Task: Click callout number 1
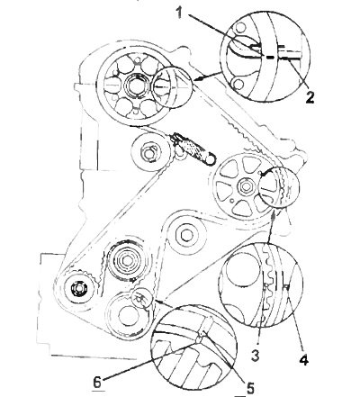pyautogui.click(x=180, y=13)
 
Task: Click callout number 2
pyautogui.click(x=310, y=97)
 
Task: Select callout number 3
pyautogui.click(x=255, y=356)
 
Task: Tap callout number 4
pyautogui.click(x=303, y=359)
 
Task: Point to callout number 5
pyautogui.click(x=249, y=387)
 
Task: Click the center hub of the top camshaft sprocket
pyautogui.click(x=136, y=86)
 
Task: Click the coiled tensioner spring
pyautogui.click(x=193, y=149)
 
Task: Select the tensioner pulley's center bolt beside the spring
pyautogui.click(x=148, y=153)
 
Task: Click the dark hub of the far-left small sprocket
pyautogui.click(x=78, y=288)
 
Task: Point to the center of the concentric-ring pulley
pyautogui.click(x=128, y=260)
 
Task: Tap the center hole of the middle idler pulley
pyautogui.click(x=186, y=235)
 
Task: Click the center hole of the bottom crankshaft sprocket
pyautogui.click(x=126, y=316)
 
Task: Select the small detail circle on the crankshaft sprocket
pyautogui.click(x=141, y=299)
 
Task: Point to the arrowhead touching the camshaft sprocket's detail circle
pyautogui.click(x=198, y=78)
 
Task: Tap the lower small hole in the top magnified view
pyautogui.click(x=238, y=85)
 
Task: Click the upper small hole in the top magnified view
pyautogui.click(x=239, y=27)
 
